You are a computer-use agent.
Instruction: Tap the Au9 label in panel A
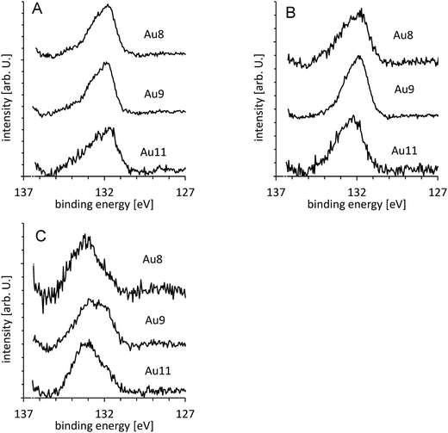155,92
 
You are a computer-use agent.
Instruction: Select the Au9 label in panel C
155,316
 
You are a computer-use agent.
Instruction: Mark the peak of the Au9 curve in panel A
105,62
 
